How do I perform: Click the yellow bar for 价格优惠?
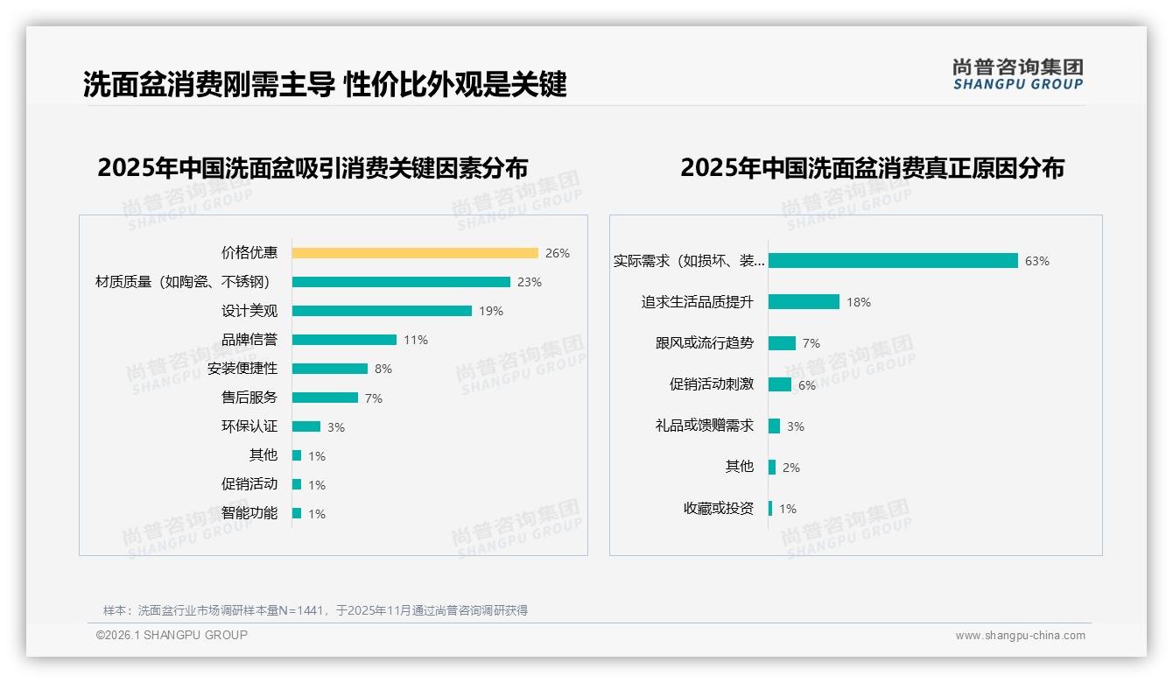click(415, 253)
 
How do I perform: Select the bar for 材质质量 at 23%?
click(401, 282)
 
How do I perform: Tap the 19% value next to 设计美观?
click(491, 311)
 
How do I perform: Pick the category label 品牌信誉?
click(249, 340)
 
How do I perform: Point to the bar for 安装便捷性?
click(330, 369)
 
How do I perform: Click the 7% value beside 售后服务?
click(374, 398)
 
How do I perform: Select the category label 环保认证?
click(249, 426)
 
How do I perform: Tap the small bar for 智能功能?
click(297, 513)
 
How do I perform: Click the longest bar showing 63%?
click(893, 261)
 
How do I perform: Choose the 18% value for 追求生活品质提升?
click(859, 302)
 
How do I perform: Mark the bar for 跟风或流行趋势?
click(782, 343)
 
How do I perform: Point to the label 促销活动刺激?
click(711, 384)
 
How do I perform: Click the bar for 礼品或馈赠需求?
click(775, 426)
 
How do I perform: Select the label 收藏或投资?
click(718, 508)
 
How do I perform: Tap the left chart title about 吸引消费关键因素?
click(313, 168)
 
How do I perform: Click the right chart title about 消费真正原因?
click(872, 168)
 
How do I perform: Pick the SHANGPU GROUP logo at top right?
click(1018, 74)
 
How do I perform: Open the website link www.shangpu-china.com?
click(1020, 636)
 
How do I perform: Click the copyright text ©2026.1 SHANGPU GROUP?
click(172, 635)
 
